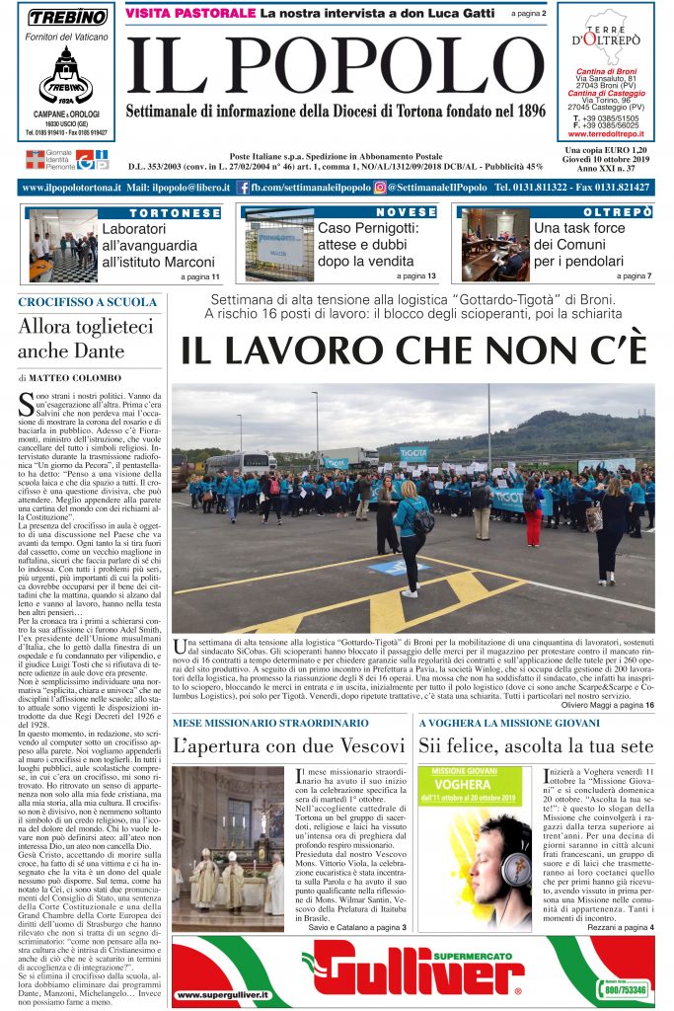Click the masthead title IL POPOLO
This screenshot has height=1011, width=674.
(336, 60)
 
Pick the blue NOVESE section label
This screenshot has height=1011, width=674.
(406, 212)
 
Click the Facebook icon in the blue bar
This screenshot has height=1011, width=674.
(243, 188)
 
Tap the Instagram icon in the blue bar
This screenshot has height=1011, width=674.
(379, 188)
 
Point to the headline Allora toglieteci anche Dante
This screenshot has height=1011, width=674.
(86, 338)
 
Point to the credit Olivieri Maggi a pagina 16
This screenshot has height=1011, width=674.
(603, 704)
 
